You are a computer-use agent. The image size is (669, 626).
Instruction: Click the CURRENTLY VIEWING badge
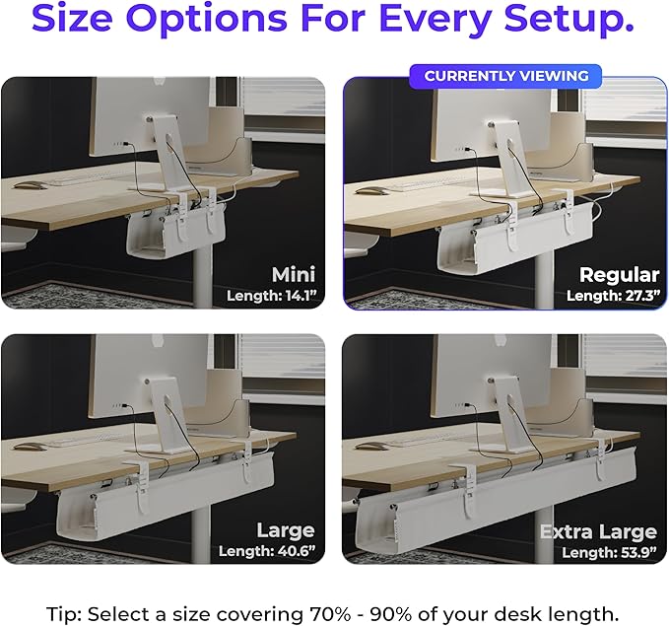coord(506,76)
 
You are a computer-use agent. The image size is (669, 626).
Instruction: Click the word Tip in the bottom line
coord(66,613)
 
